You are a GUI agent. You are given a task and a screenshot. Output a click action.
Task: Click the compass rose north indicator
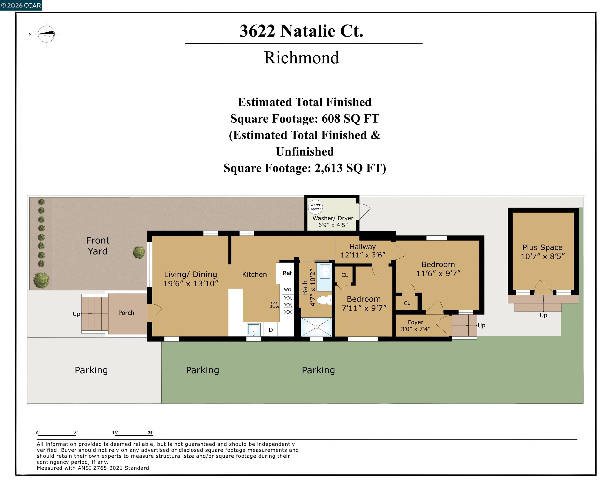pos(46,34)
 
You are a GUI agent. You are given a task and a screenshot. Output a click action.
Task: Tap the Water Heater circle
pos(315,207)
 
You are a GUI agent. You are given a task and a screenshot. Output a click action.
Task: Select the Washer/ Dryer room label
pos(333,218)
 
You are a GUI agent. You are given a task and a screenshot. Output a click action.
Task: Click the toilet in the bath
pos(323,300)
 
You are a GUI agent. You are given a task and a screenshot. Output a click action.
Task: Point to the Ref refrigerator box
pos(287,273)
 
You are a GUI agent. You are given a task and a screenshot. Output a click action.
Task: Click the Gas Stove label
pos(275,305)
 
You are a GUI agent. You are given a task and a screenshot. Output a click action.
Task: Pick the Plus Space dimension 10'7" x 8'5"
pos(542,256)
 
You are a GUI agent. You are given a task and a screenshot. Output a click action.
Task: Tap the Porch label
pos(126,313)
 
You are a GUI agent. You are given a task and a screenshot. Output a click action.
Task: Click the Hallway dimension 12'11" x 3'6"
pos(363,255)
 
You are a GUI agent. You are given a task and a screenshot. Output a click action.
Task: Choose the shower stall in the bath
pos(316,327)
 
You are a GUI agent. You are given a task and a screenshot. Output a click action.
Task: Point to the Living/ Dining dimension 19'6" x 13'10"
pos(191,283)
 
